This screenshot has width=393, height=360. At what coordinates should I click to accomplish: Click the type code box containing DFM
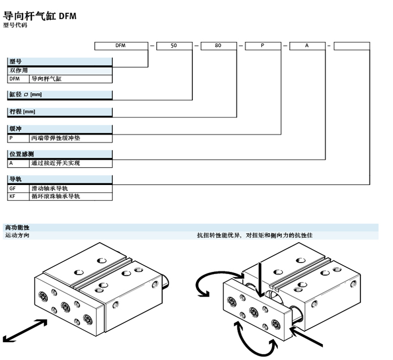tap(121, 46)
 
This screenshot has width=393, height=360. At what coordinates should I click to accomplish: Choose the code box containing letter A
tap(307, 46)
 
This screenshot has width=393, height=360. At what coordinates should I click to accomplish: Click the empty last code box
tap(352, 46)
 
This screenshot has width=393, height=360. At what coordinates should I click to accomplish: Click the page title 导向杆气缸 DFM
tap(40, 16)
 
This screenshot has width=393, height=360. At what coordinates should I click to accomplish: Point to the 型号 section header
tap(16, 61)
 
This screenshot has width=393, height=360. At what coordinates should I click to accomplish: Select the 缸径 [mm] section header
tap(26, 95)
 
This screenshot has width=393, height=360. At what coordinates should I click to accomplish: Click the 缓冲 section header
tap(16, 128)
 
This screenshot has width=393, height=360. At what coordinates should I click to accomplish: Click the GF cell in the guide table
tap(13, 188)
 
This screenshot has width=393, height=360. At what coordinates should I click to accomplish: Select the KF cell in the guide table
tap(13, 197)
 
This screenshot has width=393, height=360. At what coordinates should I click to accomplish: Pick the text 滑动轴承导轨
tap(50, 188)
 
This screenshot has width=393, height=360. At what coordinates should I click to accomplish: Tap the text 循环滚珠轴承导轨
tap(53, 197)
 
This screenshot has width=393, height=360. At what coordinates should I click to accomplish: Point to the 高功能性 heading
tap(17, 227)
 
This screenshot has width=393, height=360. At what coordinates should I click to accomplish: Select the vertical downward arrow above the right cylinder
tap(260, 272)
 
